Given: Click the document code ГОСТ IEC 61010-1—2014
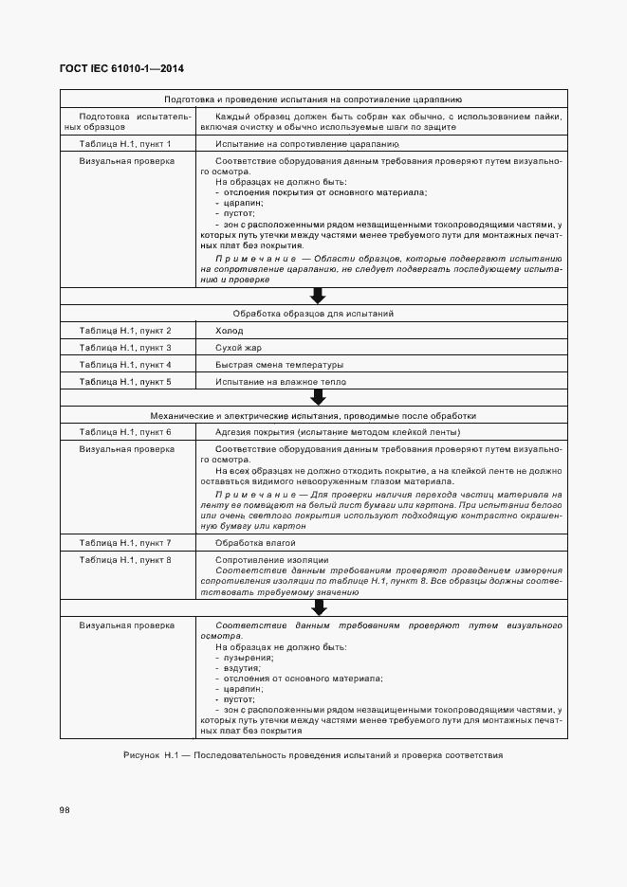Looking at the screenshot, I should pyautogui.click(x=122, y=68).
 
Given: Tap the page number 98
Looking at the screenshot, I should pyautogui.click(x=65, y=810).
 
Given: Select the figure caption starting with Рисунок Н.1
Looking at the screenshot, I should pyautogui.click(x=313, y=755).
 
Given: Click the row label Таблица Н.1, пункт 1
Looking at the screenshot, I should pyautogui.click(x=125, y=144).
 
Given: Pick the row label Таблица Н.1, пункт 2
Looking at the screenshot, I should pyautogui.click(x=125, y=331).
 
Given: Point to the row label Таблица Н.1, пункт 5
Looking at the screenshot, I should pyautogui.click(x=125, y=382).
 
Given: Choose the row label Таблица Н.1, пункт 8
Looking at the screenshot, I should pyautogui.click(x=125, y=560).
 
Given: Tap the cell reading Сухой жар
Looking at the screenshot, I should pyautogui.click(x=238, y=348).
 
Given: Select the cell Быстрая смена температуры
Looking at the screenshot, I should pyautogui.click(x=279, y=365).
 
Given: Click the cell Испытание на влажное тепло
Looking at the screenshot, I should pyautogui.click(x=281, y=382).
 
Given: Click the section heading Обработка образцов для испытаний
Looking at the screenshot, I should pyautogui.click(x=313, y=313).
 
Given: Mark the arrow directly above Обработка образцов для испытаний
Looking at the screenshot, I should pyautogui.click(x=318, y=296).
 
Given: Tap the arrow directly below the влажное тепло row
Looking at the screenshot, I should pyautogui.click(x=318, y=399).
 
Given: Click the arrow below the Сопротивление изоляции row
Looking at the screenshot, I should pyautogui.click(x=318, y=607).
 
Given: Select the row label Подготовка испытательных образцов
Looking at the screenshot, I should pyautogui.click(x=125, y=120).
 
